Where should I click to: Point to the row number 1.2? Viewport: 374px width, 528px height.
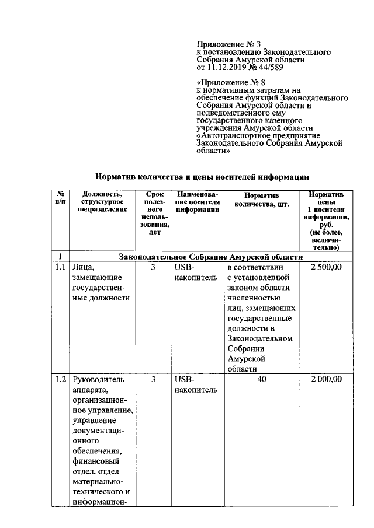coord(60,379)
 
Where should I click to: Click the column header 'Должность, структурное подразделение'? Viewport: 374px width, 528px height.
coord(102,202)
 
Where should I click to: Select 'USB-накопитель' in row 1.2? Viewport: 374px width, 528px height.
coord(195,384)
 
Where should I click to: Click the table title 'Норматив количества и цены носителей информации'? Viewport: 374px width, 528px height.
coord(202,176)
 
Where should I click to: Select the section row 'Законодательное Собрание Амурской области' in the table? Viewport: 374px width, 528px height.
coord(211,256)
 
